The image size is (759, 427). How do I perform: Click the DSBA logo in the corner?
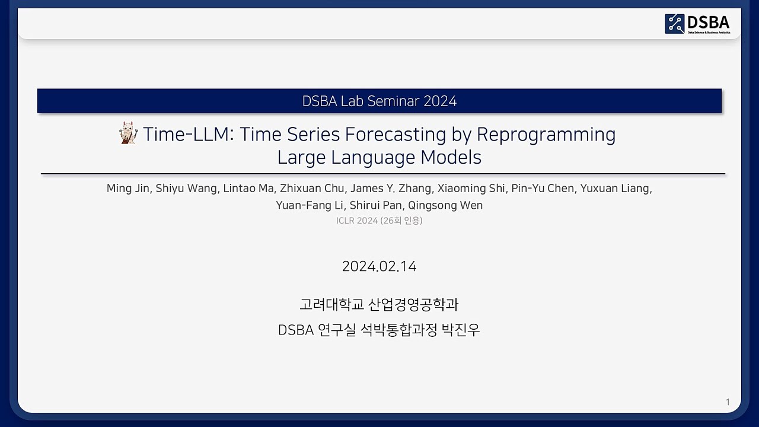[x=697, y=24]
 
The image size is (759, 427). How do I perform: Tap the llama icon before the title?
[x=128, y=133]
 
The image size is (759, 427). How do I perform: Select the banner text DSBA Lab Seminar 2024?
[x=379, y=101]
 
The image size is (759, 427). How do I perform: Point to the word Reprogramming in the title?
[x=546, y=135]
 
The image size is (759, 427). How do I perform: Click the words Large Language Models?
[x=379, y=158]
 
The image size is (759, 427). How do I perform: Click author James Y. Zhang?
[x=390, y=189]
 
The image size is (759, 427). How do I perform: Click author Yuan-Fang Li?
[x=309, y=206]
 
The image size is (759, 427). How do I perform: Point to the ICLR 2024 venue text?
[x=356, y=221]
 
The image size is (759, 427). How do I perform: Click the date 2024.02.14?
[x=379, y=266]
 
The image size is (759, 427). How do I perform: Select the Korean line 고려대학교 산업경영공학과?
[x=379, y=305]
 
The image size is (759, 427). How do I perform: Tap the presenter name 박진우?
[x=461, y=330]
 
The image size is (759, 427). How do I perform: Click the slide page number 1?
[x=728, y=402]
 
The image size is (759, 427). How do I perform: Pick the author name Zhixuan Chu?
[x=312, y=189]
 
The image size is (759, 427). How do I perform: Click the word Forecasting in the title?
[x=396, y=135]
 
